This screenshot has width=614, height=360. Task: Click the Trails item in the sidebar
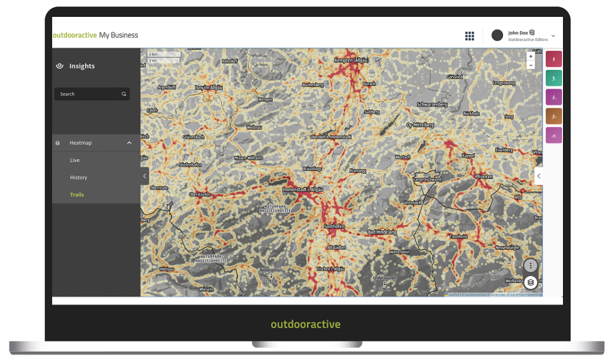77,194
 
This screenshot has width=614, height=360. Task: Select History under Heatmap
79,178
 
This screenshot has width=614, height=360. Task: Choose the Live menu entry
75,160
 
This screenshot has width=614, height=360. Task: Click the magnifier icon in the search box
124,94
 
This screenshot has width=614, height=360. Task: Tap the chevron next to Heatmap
129,143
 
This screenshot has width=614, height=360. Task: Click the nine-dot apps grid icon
469,36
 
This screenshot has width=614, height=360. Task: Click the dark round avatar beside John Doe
497,35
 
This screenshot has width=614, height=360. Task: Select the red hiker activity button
553,59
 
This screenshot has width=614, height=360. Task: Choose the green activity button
553,78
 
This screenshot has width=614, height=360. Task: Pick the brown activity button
553,116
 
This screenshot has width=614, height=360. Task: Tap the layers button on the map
531,282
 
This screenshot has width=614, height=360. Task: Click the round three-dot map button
531,265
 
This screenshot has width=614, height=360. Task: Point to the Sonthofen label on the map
334,227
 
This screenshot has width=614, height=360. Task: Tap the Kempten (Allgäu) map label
352,61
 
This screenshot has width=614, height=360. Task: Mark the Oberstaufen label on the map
201,194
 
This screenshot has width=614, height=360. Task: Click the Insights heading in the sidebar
82,66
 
